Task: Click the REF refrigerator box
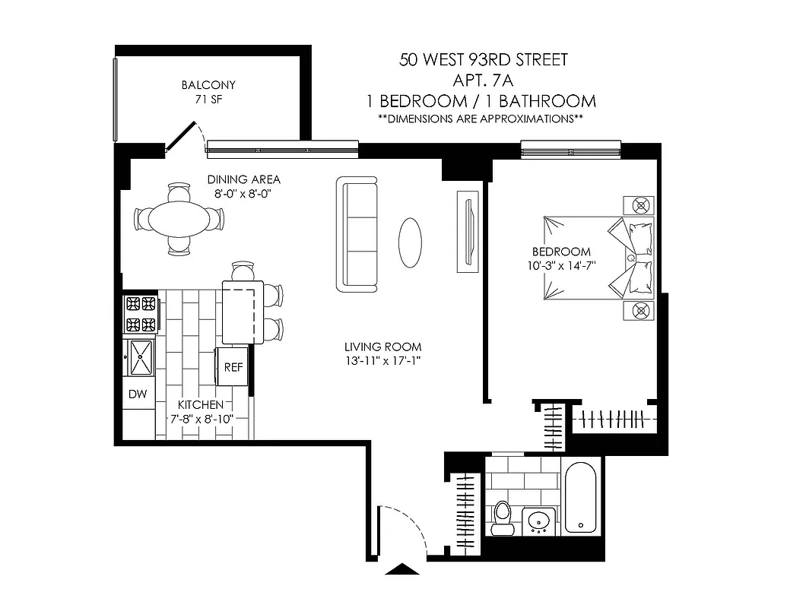click(x=233, y=367)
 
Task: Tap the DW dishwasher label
click(x=138, y=394)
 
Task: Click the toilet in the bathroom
click(x=502, y=517)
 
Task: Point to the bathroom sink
click(x=540, y=523)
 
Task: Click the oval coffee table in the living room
click(x=411, y=242)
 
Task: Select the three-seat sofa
click(x=357, y=234)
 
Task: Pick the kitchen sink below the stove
click(x=141, y=357)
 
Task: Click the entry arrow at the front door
click(x=403, y=568)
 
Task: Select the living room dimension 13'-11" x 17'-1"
click(x=382, y=361)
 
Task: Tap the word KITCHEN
click(x=201, y=405)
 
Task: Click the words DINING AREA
click(x=244, y=180)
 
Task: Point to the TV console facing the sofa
click(x=467, y=231)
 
